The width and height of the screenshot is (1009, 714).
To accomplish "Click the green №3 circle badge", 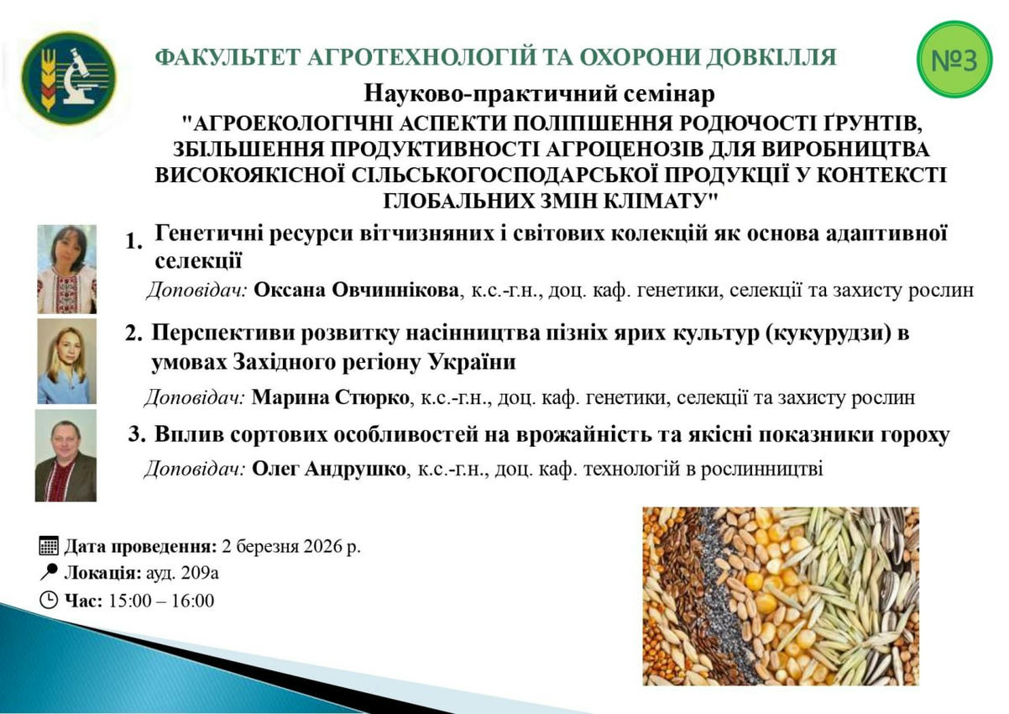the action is tap(954, 59).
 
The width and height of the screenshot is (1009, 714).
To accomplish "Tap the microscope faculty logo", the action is tap(69, 78).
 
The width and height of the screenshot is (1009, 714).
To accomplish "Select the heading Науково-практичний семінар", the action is tap(539, 94).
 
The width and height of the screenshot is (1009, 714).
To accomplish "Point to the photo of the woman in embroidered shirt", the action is tap(66, 269).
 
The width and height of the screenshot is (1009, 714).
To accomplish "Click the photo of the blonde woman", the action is tap(66, 361).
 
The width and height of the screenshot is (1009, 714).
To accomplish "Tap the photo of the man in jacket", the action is tap(65, 455).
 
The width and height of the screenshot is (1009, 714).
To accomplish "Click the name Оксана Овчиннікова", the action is tap(356, 291).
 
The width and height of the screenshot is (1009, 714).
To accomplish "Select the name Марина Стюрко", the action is tap(330, 397).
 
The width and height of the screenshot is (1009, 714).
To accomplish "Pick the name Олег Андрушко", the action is tap(329, 469).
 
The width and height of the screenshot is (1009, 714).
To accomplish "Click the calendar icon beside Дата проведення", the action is tap(49, 546).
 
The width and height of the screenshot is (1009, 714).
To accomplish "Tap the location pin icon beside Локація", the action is tap(49, 572).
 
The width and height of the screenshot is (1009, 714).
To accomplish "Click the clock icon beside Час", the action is tap(49, 601).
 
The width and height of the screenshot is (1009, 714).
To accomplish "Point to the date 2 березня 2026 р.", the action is tap(291, 546).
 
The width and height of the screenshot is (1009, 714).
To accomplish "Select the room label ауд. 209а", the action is tap(182, 573).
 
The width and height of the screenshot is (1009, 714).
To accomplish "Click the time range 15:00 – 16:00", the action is tap(161, 601).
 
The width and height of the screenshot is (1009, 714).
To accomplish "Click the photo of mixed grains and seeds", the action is tap(781, 596).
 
